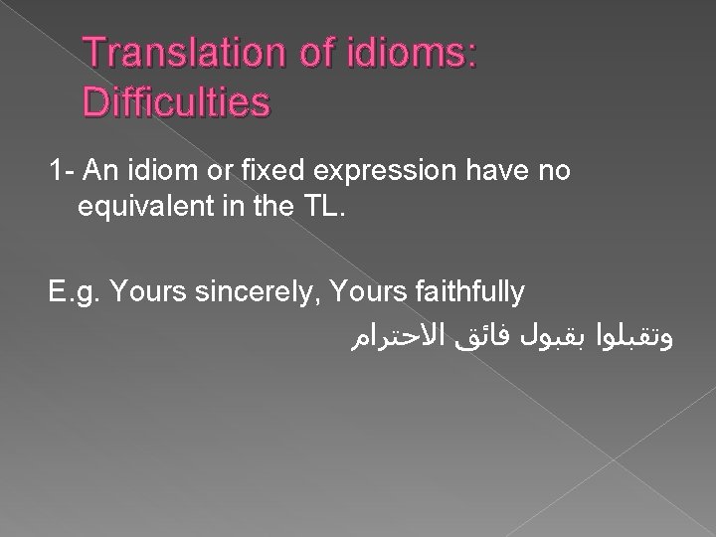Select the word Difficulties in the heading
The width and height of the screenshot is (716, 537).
click(177, 101)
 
